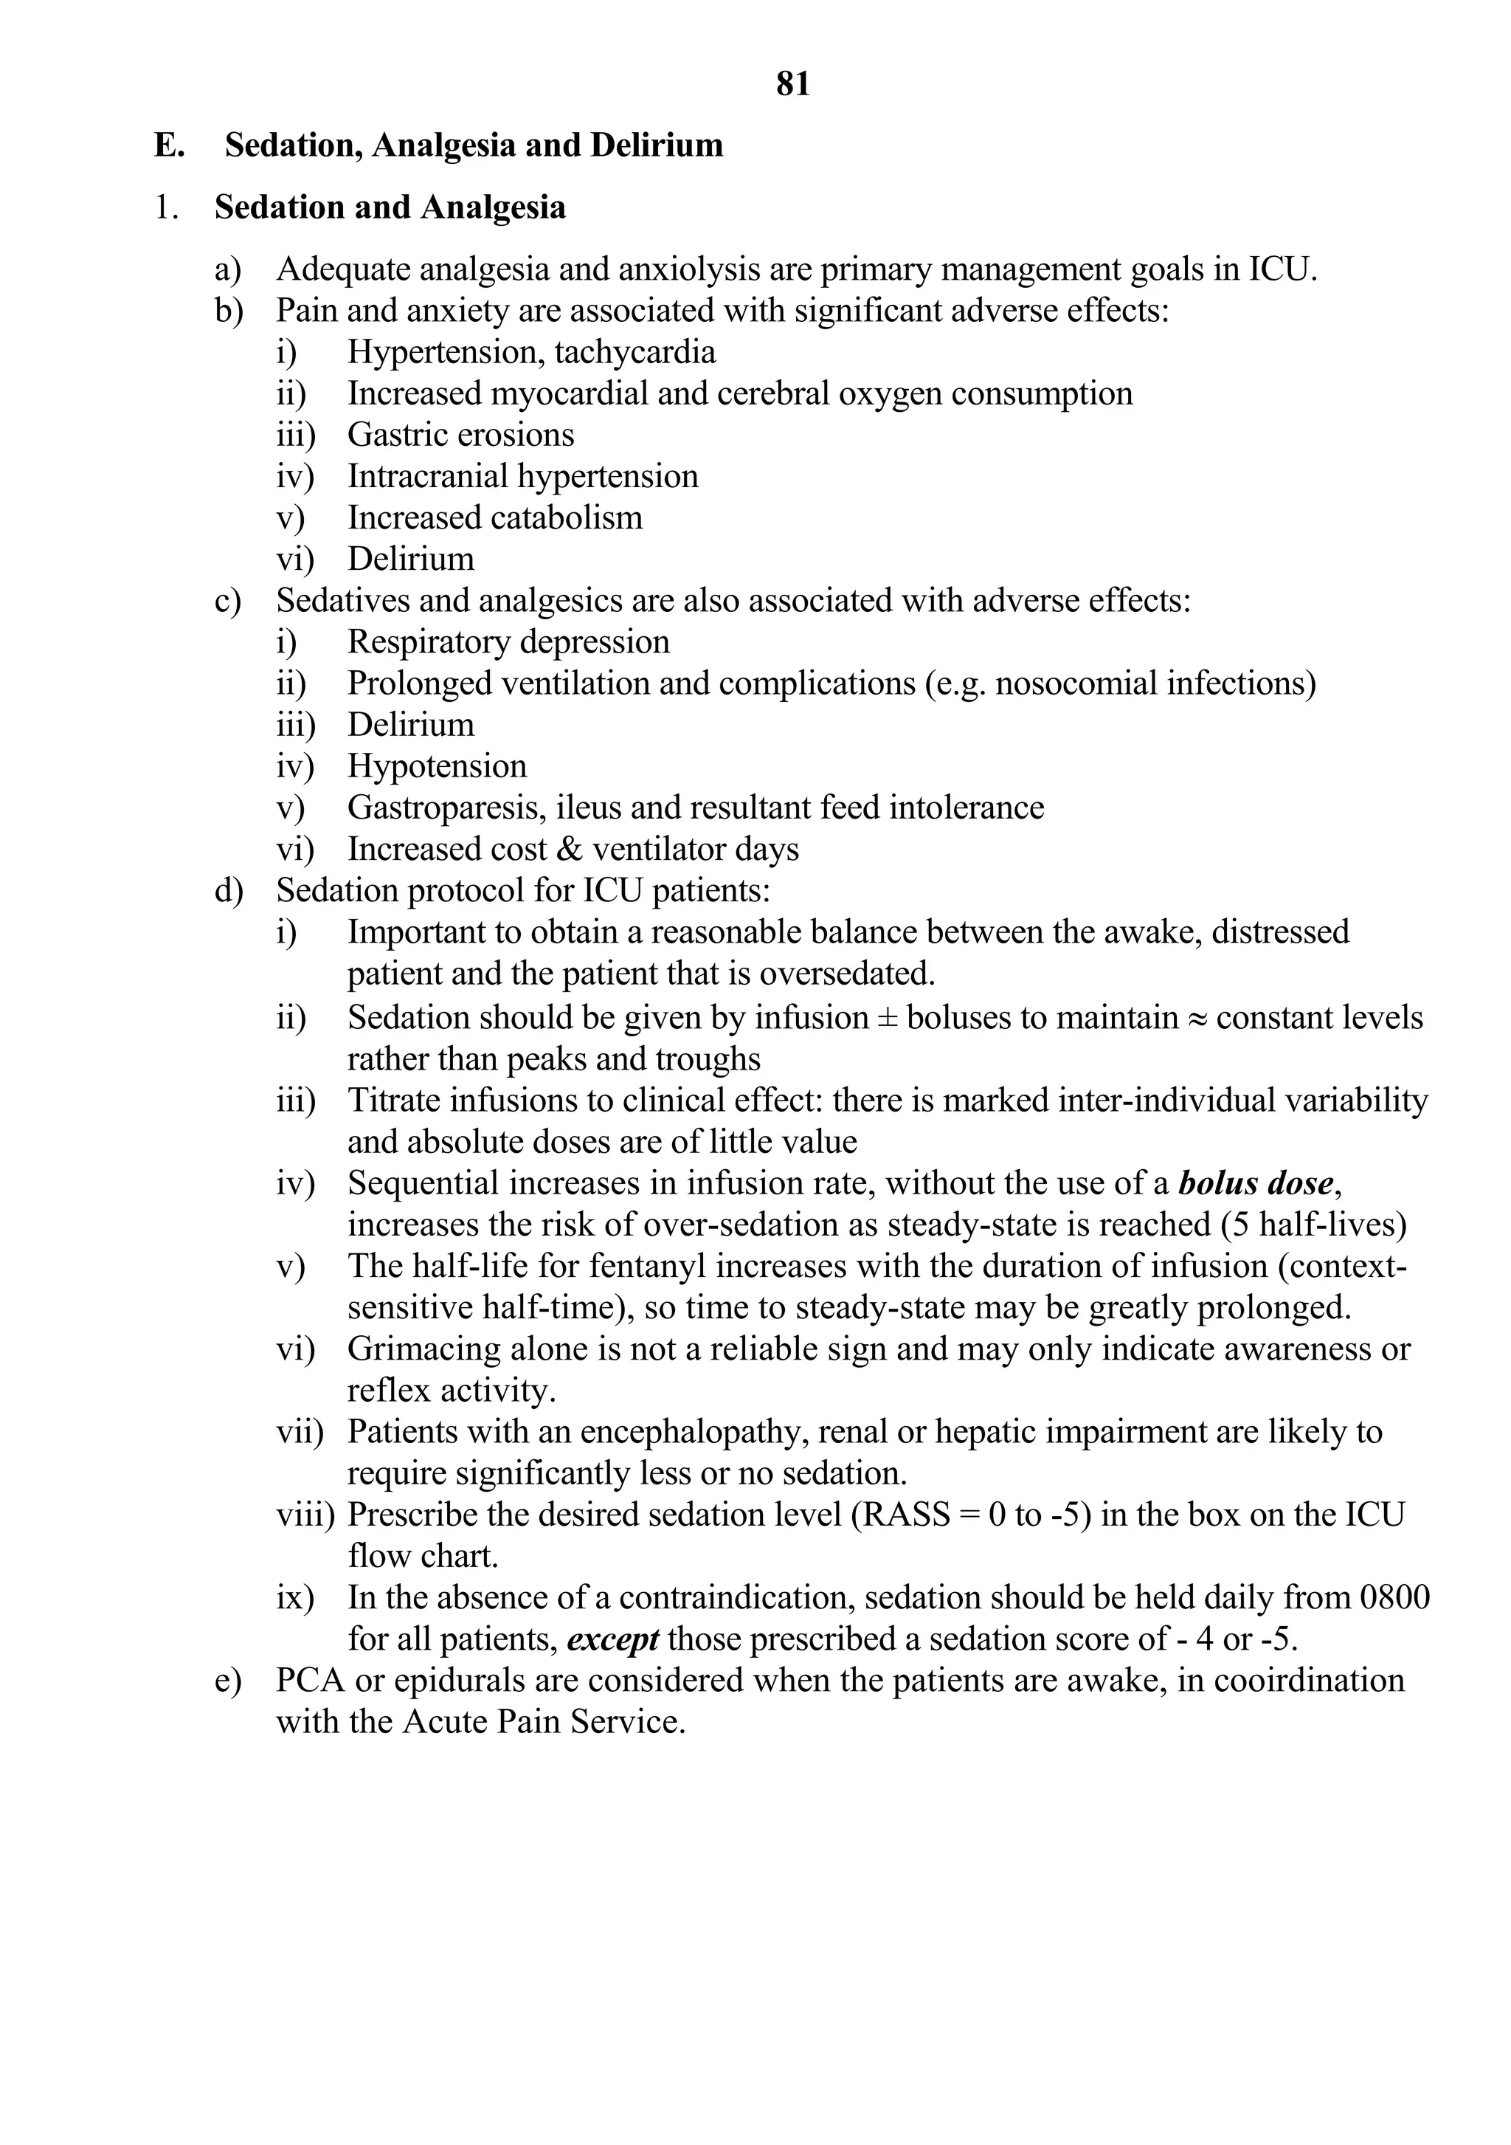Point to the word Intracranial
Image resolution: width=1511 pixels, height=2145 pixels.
(428, 476)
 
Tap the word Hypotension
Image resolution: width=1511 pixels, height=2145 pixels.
(437, 766)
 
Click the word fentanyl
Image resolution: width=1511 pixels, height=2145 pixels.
(587, 1267)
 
